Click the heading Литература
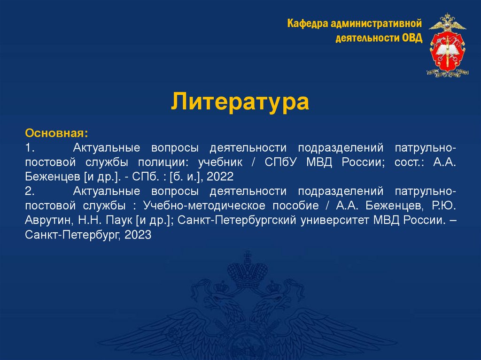coord(240,101)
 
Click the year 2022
coord(220,177)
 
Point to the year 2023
coord(138,235)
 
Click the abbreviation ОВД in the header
coord(412,38)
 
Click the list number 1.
coord(31,148)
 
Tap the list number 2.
coord(31,191)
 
